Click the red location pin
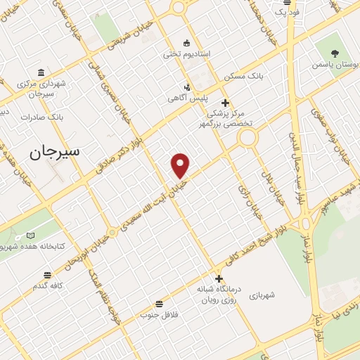click(181, 165)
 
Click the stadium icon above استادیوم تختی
click(186, 41)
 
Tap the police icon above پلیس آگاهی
click(186, 87)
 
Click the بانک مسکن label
click(242, 75)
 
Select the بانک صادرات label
click(41, 117)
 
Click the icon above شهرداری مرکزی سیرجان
click(41, 72)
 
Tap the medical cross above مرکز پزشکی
click(225, 103)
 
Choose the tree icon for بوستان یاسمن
click(334, 53)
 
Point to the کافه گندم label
click(49, 286)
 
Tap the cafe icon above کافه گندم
click(47, 275)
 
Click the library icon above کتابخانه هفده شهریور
click(30, 236)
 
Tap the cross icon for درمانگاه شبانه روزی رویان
click(219, 278)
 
